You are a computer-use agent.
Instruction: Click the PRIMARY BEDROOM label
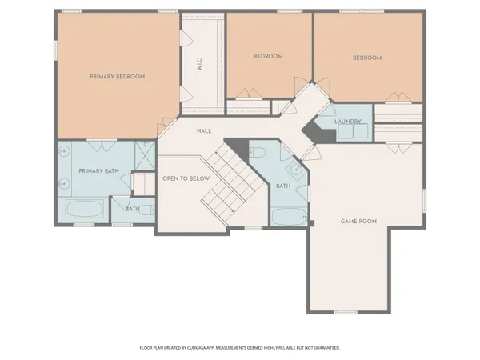coord(117,77)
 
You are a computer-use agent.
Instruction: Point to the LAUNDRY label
coord(349,122)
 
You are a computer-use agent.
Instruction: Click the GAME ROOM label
coord(358,221)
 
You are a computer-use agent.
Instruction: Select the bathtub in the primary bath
coord(83,212)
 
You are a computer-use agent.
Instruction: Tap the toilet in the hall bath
coord(258,154)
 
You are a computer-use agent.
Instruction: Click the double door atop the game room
coord(394,147)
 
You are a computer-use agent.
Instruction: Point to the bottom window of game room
coord(346,312)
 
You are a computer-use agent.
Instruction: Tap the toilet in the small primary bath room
coord(117,209)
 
